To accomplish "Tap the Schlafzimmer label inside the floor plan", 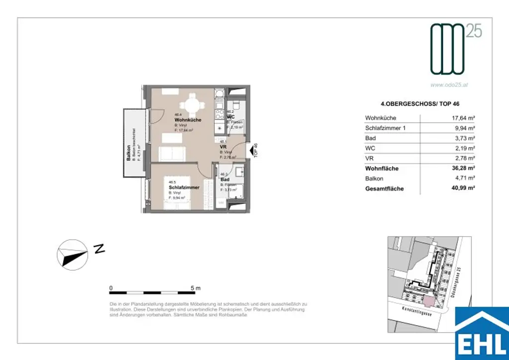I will coord(184,187).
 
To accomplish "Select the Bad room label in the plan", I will coord(225,179).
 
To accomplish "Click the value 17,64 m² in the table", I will coord(461,118).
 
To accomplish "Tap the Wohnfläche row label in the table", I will coord(382,169).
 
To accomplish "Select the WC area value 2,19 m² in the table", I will coord(463,148).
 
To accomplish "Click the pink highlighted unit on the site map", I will coord(428,301).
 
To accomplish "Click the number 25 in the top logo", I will coord(474,31).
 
